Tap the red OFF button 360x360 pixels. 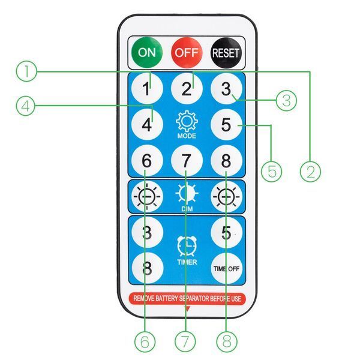click(x=187, y=53)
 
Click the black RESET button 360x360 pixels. click(x=226, y=53)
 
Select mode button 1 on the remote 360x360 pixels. click(x=147, y=88)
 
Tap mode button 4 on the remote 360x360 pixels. click(x=147, y=124)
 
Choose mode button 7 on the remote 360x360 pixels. click(x=187, y=160)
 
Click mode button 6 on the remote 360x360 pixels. click(x=147, y=160)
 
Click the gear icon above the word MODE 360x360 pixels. click(x=187, y=121)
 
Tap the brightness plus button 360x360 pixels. click(x=226, y=197)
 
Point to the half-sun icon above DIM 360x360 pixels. click(x=187, y=193)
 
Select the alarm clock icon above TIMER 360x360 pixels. click(x=187, y=247)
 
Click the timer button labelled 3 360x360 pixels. click(x=147, y=232)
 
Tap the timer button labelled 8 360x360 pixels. click(x=148, y=268)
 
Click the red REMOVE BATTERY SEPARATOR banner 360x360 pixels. click(x=187, y=298)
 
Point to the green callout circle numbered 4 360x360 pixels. click(x=26, y=106)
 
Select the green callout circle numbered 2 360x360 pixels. click(x=310, y=172)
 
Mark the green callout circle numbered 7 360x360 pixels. click(x=185, y=341)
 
